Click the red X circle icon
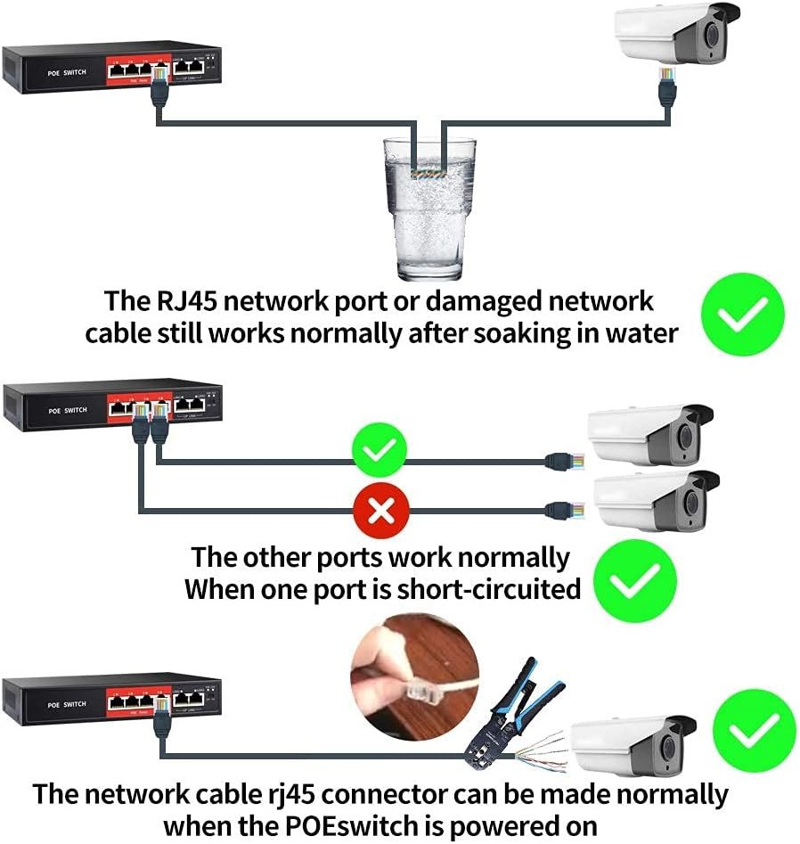[x=381, y=511]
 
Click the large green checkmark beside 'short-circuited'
[x=634, y=583]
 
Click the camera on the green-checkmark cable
[x=650, y=436]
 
